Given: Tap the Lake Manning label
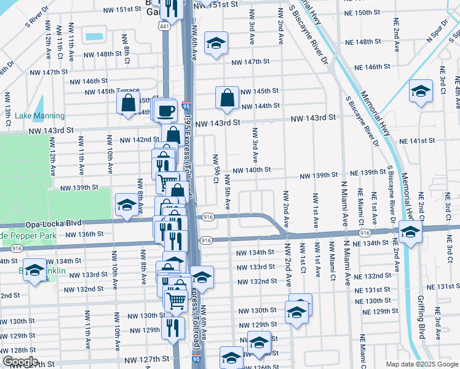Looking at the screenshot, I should pos(39,116).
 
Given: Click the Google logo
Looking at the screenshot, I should pos(20,362).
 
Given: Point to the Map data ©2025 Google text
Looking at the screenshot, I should pos(421,364).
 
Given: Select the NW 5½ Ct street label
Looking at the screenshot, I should pos(216,168).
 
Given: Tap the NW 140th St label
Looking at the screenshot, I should pos(251,170).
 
